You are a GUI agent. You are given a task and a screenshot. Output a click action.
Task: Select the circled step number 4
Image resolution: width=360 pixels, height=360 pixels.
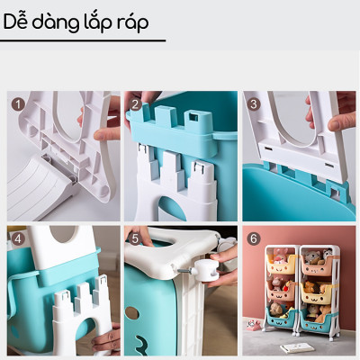[16, 238]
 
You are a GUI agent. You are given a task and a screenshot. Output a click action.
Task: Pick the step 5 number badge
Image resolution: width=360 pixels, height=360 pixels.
[135, 238]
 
